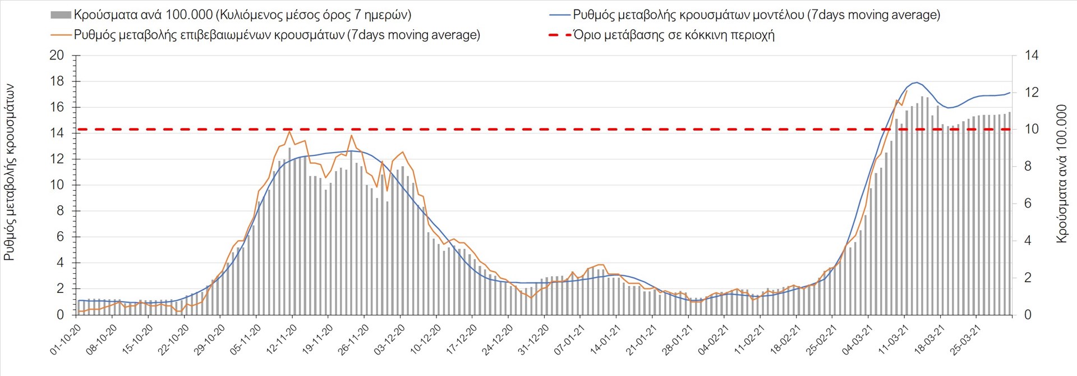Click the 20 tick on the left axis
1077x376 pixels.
point(57,56)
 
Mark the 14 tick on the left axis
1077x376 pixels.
point(57,133)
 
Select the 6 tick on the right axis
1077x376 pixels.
point(1028,204)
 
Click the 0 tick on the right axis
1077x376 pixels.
point(1028,315)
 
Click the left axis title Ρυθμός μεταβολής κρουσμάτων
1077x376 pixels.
point(10,173)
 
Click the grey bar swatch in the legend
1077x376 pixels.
point(61,15)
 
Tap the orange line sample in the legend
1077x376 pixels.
point(61,35)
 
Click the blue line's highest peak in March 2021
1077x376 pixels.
point(915,82)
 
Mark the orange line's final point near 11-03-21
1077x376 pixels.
point(906,91)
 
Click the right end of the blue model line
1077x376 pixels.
point(1010,93)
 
